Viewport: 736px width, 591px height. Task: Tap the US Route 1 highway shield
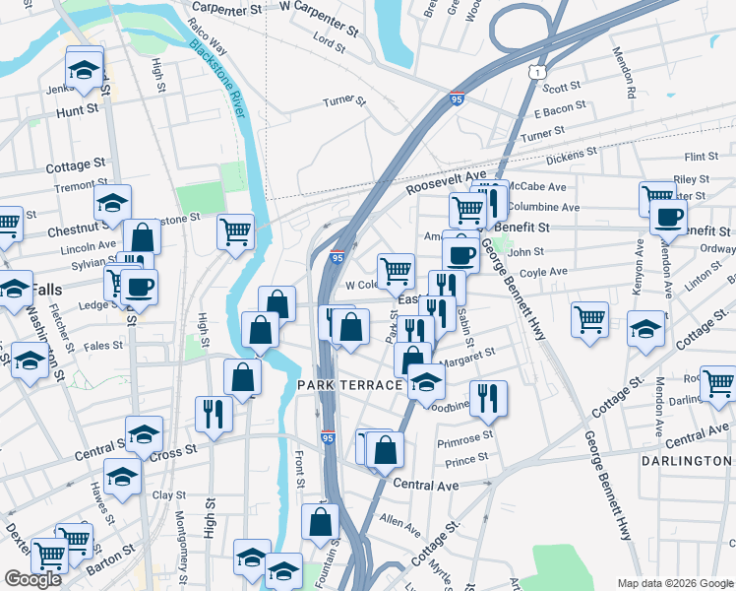pos(533,72)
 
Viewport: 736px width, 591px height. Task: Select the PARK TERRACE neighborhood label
pos(349,385)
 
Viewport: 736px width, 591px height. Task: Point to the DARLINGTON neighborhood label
pos(686,461)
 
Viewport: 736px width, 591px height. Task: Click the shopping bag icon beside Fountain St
pos(320,523)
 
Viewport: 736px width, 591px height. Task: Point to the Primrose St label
pos(467,436)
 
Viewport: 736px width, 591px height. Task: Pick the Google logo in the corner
pos(32,579)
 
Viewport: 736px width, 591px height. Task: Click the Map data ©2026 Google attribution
pos(675,583)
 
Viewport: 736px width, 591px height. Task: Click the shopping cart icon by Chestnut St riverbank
pos(235,232)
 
